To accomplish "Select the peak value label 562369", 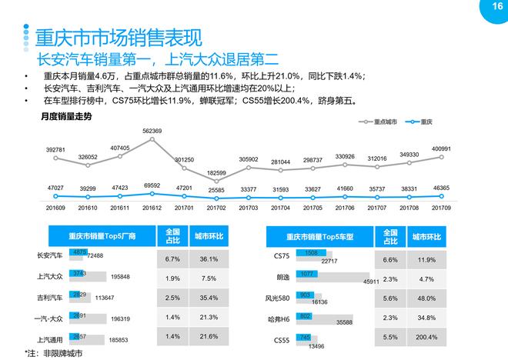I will click(152, 132).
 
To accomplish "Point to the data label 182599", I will click(216, 173).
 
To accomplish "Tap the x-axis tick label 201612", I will click(152, 208).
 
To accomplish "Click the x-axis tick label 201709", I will click(442, 208).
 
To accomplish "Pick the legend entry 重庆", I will click(425, 122).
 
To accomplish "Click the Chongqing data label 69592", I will click(152, 185).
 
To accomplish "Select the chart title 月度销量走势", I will click(66, 116).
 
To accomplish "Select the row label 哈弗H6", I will click(280, 318).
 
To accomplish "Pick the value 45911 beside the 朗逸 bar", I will click(383, 282).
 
